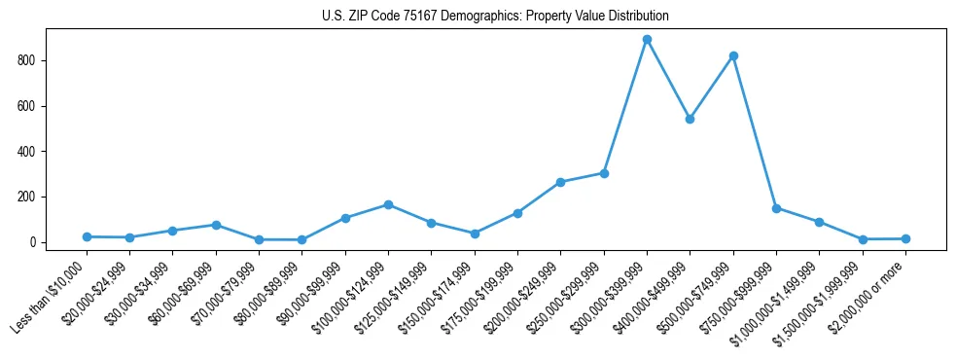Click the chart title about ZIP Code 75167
(495, 17)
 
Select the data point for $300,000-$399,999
(647, 40)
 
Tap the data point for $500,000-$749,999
(733, 56)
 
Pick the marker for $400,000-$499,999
(690, 119)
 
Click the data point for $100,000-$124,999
(388, 204)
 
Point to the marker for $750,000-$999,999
(776, 208)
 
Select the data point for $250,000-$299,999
(604, 173)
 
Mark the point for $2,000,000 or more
(905, 238)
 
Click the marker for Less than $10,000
(87, 236)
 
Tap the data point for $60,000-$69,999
(216, 225)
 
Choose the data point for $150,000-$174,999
(475, 234)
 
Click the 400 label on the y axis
(30, 152)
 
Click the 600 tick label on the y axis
(30, 106)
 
